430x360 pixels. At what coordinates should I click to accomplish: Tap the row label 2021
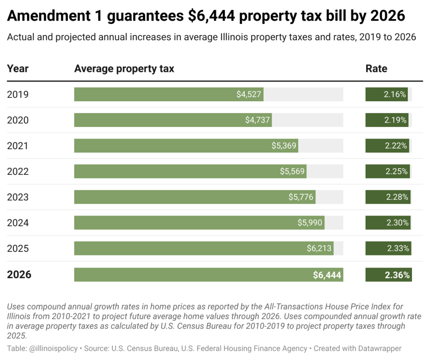click(18, 146)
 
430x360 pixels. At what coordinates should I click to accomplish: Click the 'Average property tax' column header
click(124, 68)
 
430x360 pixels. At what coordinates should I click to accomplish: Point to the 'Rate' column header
click(376, 68)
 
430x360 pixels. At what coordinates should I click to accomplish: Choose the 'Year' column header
click(18, 68)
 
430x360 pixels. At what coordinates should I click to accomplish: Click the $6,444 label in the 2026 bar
click(327, 275)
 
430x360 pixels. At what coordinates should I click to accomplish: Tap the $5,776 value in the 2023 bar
click(301, 197)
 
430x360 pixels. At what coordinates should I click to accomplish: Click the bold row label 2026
click(19, 275)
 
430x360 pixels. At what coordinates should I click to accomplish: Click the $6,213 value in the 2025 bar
click(319, 248)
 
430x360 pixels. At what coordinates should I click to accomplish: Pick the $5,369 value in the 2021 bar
click(284, 146)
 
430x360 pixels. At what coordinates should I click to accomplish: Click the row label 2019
click(18, 95)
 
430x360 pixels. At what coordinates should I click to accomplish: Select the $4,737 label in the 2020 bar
click(257, 120)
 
